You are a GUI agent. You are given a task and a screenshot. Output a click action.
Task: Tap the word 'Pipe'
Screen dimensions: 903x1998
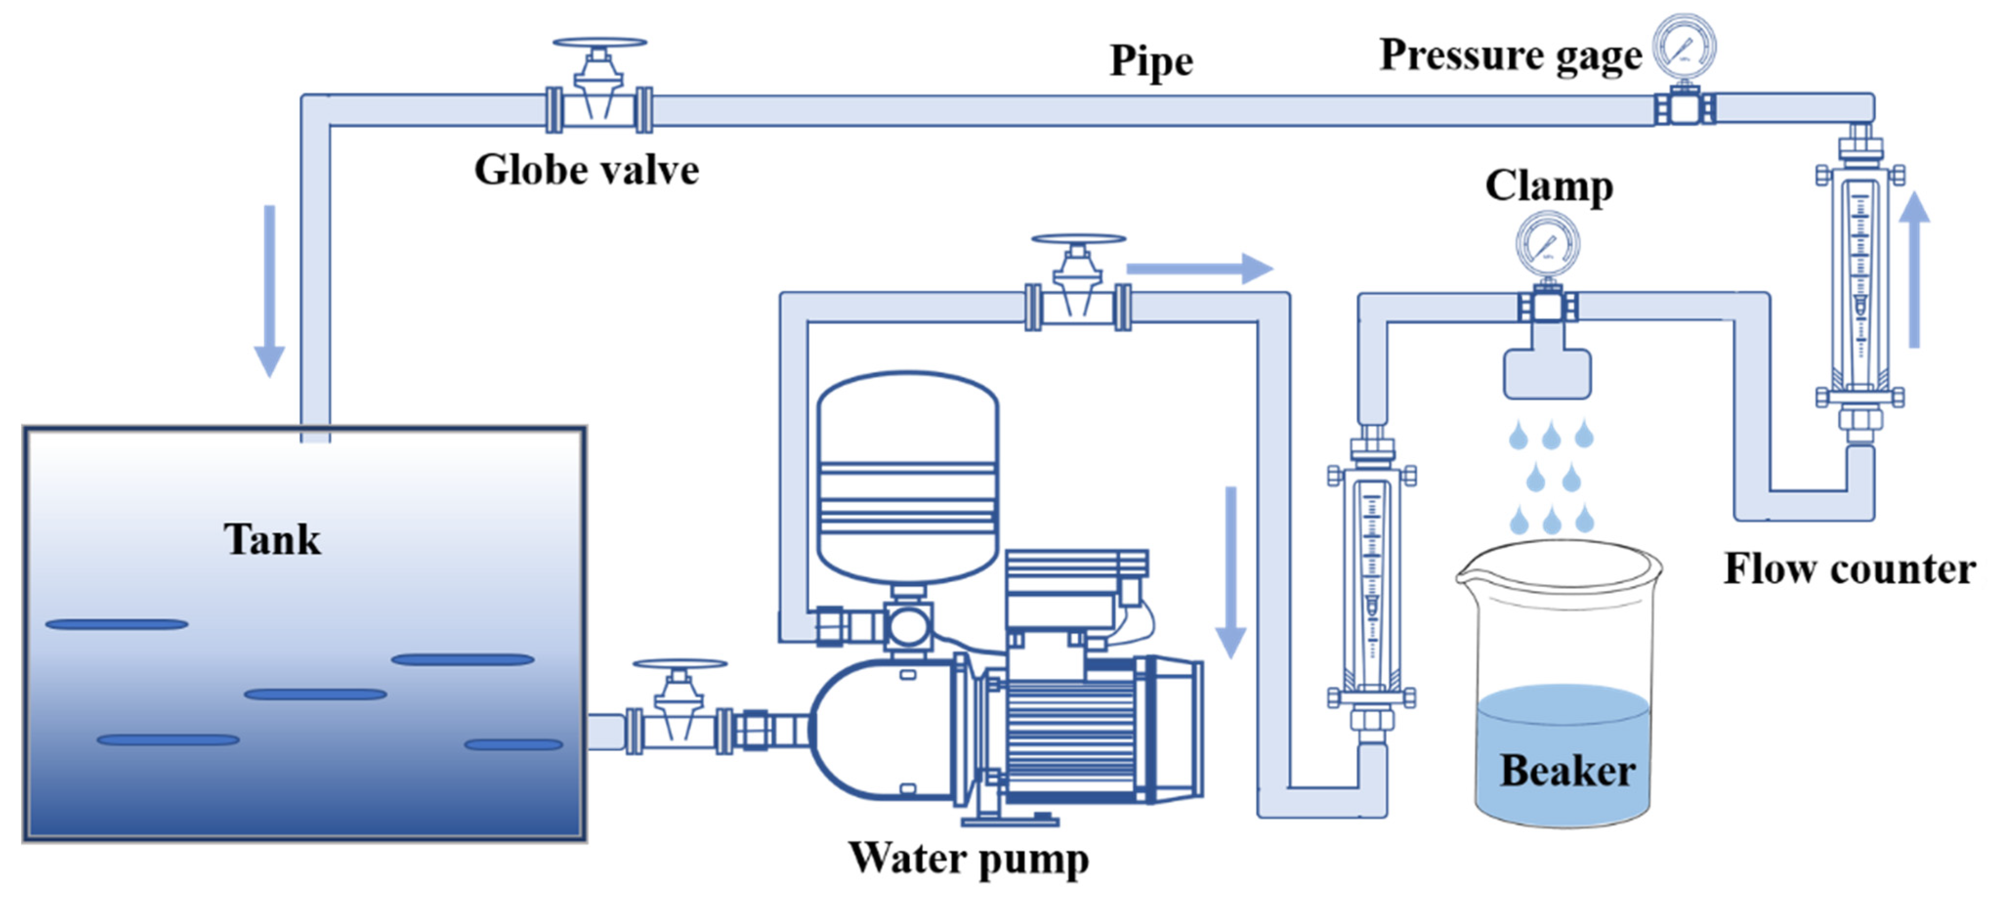tap(1151, 61)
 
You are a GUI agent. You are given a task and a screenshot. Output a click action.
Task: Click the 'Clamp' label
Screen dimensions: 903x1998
tap(1549, 186)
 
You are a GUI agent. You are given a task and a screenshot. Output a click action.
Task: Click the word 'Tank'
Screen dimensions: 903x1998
tap(272, 539)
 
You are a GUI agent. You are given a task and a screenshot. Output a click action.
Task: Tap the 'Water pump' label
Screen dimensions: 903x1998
tap(969, 858)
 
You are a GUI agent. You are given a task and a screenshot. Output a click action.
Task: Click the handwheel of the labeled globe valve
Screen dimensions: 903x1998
tap(600, 42)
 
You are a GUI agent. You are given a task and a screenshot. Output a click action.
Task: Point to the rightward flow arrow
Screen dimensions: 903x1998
tap(1199, 269)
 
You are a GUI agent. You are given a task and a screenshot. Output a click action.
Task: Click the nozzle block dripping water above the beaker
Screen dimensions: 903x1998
tap(1547, 374)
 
